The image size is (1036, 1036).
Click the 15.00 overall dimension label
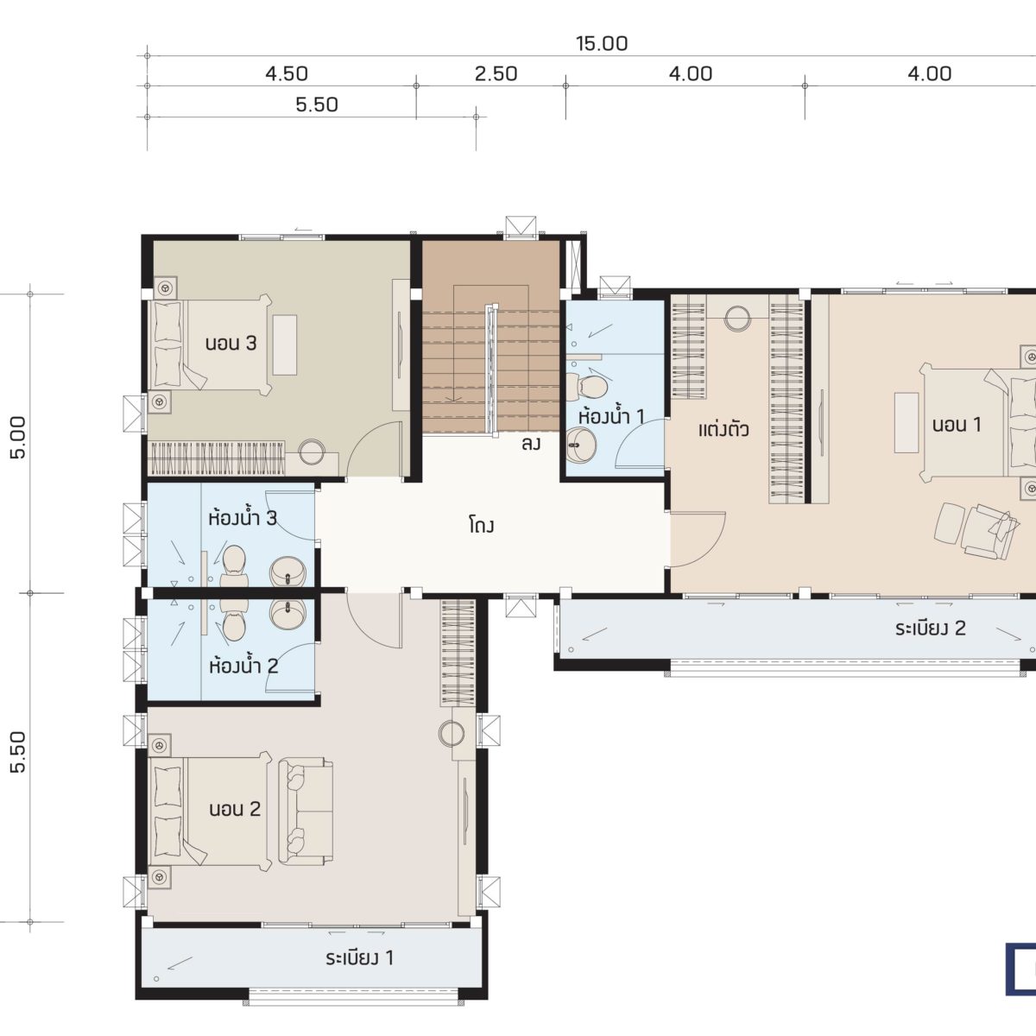(x=602, y=43)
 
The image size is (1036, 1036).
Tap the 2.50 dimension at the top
(x=496, y=73)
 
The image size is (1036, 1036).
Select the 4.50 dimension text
(x=287, y=73)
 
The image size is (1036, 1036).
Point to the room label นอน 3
(x=231, y=343)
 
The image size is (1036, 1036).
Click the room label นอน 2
(x=235, y=809)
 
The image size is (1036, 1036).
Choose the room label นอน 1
(x=957, y=425)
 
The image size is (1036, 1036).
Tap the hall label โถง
(x=481, y=525)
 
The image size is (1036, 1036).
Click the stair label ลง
(x=531, y=444)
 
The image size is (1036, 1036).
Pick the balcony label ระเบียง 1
(x=360, y=957)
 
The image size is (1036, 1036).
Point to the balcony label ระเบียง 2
(x=931, y=628)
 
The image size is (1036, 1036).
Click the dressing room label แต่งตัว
(x=723, y=430)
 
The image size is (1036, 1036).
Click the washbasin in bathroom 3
(x=287, y=572)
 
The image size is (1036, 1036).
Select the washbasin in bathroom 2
(x=287, y=614)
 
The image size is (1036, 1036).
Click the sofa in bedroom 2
(x=306, y=812)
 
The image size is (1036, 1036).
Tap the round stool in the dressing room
(x=737, y=319)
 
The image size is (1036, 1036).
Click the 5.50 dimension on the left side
(x=18, y=752)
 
